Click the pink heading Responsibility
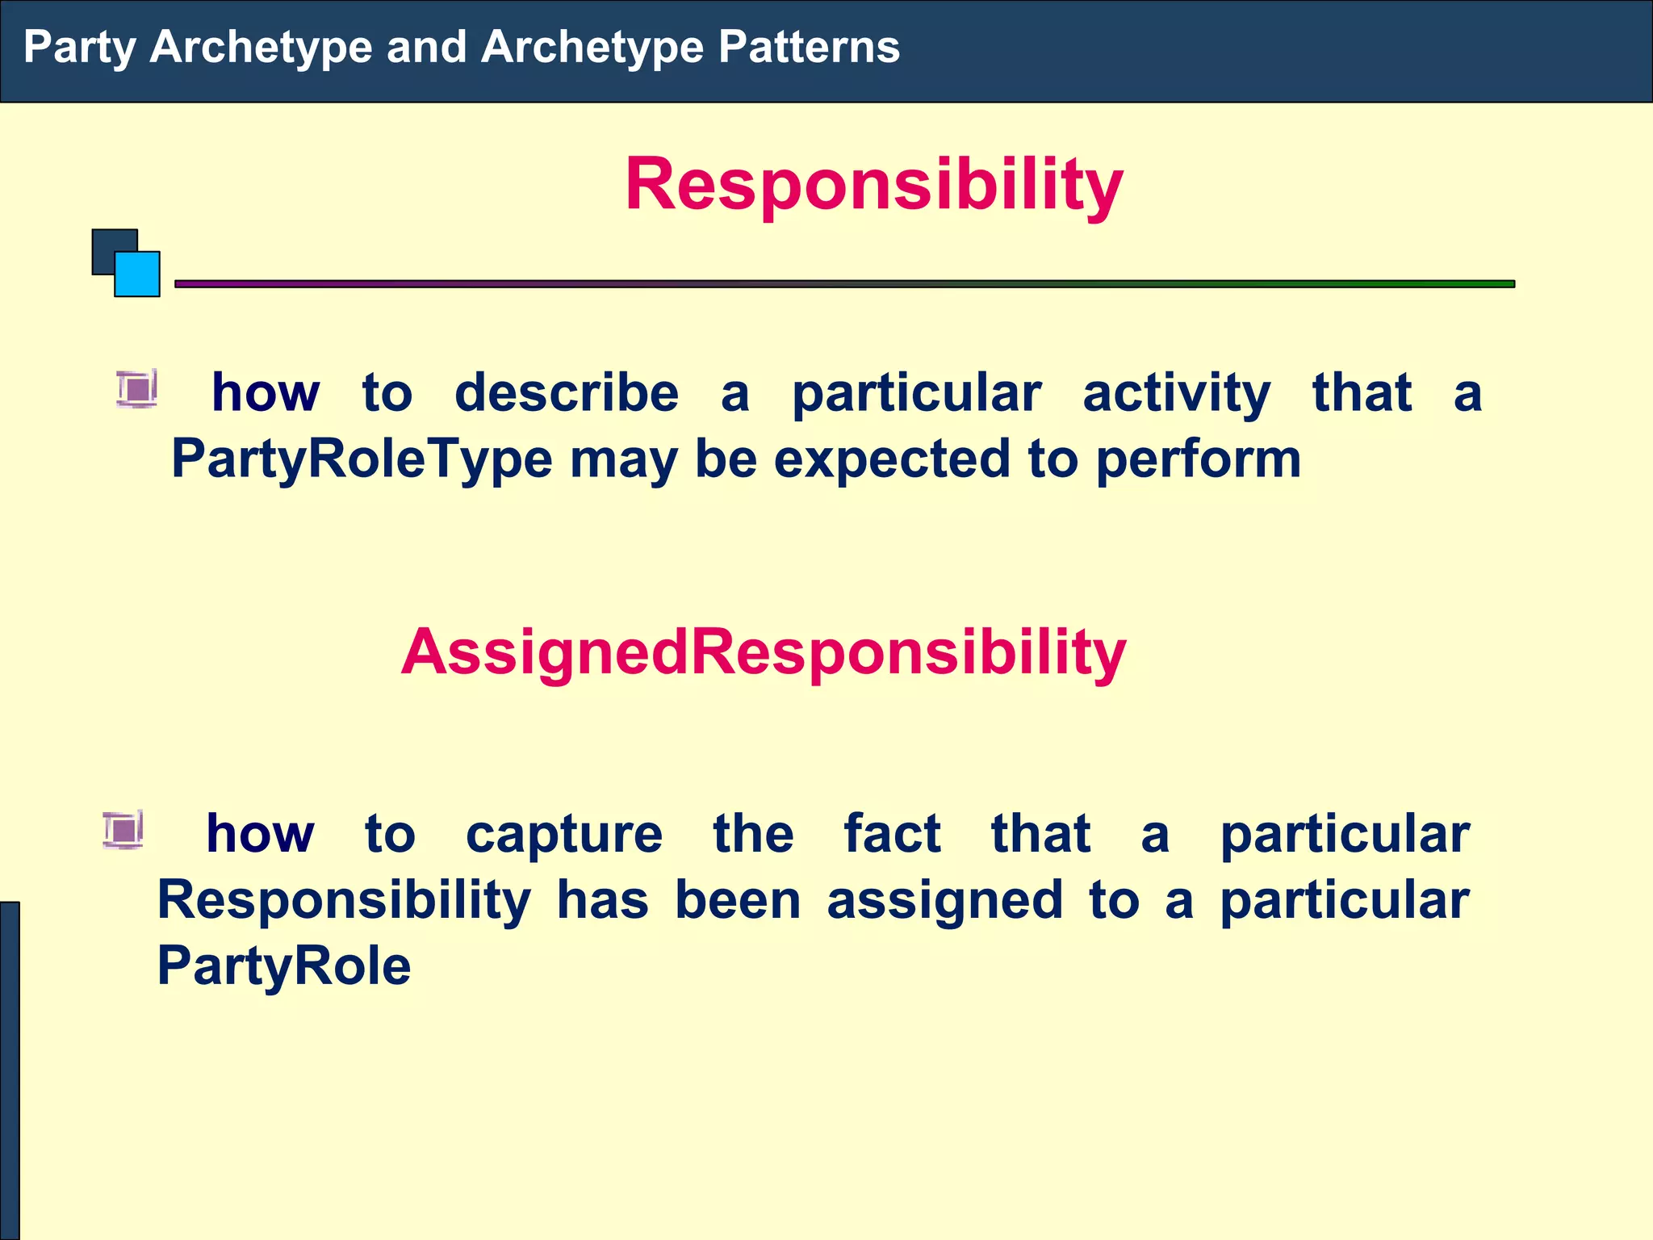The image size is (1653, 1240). pos(874,184)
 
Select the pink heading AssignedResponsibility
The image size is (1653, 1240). pos(763,652)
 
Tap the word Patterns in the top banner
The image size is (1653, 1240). pos(809,47)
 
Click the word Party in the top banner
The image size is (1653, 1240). pos(80,47)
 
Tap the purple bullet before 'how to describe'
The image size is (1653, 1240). pos(136,389)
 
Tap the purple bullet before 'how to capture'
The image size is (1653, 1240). pos(123,830)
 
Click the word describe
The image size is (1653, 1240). pos(567,393)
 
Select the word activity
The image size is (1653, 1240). pos(1176,393)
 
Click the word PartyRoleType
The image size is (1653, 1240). pos(362,459)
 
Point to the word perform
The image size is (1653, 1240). pos(1198,459)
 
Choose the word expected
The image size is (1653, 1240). pos(892,459)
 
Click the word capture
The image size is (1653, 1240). pos(564,834)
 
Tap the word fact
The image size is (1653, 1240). pos(892,834)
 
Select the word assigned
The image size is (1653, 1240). pos(944,900)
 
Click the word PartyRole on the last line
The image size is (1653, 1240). pos(284,966)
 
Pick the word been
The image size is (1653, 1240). pos(738,900)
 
